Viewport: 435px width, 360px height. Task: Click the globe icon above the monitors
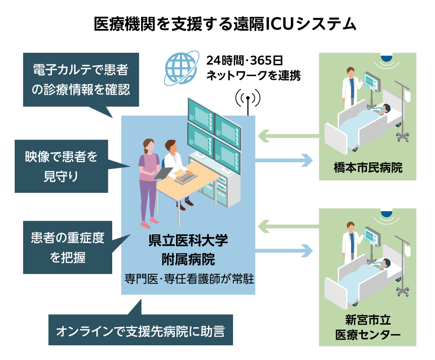tap(182, 69)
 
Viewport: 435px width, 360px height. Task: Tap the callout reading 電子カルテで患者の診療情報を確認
tap(81, 79)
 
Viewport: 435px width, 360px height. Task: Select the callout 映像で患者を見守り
tap(61, 166)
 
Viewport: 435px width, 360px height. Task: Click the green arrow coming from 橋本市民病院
tap(287, 136)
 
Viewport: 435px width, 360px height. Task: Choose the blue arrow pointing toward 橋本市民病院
tap(285, 160)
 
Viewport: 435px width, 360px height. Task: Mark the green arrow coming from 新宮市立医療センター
tap(287, 225)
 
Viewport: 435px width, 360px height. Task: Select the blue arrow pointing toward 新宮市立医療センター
tap(285, 250)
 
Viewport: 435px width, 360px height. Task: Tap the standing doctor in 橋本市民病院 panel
tap(350, 88)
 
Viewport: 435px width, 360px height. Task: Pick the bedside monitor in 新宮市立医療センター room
tap(370, 236)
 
